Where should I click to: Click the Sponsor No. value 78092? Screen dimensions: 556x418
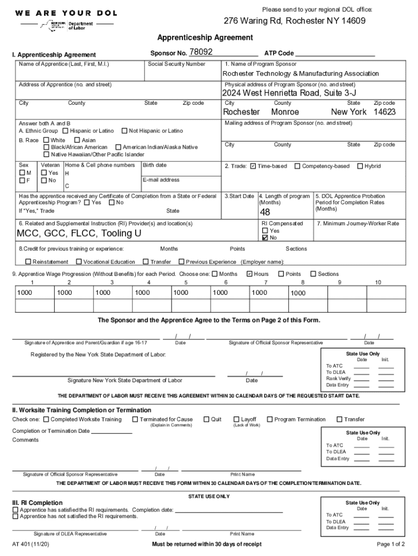click(x=200, y=52)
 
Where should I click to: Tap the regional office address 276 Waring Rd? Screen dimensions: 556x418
click(x=294, y=21)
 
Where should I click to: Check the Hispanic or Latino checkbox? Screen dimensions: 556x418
click(x=65, y=131)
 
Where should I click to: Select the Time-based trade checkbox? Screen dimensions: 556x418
click(x=253, y=166)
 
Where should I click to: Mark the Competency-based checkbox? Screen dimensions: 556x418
click(x=297, y=166)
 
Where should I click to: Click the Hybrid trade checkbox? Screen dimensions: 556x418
click(x=359, y=166)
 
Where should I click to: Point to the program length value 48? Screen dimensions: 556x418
click(x=265, y=212)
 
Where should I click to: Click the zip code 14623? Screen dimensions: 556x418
click(x=384, y=112)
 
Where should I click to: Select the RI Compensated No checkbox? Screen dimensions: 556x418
click(x=265, y=238)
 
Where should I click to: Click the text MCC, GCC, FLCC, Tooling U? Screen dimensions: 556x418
click(x=79, y=233)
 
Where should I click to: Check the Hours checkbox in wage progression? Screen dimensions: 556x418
click(x=249, y=274)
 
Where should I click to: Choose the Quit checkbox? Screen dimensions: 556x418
click(x=206, y=419)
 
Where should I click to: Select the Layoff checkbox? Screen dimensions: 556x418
click(x=236, y=419)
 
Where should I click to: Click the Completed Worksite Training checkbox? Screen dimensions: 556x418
click(x=46, y=419)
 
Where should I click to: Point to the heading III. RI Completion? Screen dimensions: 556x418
click(x=37, y=503)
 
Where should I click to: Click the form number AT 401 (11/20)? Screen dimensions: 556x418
click(x=30, y=544)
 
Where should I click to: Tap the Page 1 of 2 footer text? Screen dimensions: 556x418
click(x=390, y=544)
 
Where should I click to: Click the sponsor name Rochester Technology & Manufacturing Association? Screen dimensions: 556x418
click(x=301, y=73)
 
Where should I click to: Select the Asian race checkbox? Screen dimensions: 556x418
click(x=77, y=140)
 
